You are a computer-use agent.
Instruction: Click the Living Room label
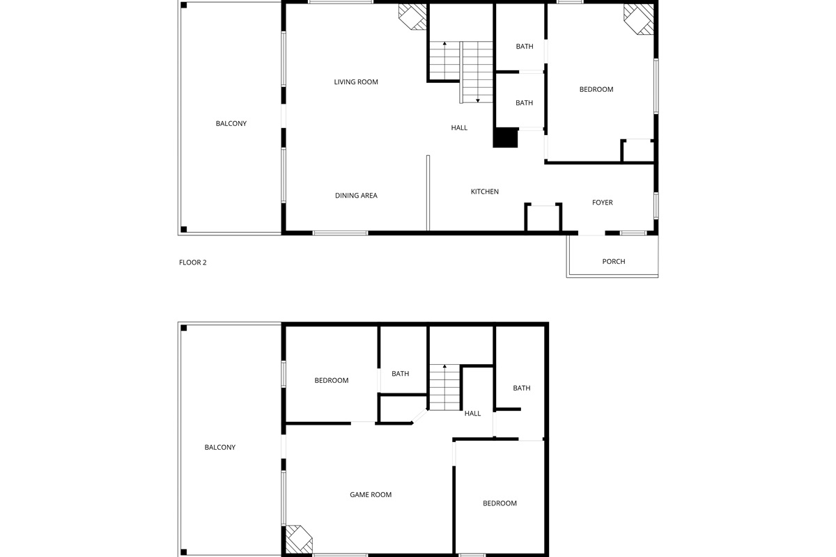coord(356,82)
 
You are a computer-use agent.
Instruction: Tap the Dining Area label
coord(356,196)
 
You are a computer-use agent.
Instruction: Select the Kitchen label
coord(485,192)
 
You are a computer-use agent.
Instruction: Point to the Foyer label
coord(603,203)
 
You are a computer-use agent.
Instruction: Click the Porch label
coord(614,262)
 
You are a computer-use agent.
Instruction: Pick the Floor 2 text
coord(193,262)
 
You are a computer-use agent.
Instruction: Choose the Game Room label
coord(371,495)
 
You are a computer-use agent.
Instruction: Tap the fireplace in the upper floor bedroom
coord(639,19)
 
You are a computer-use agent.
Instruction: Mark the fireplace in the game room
coord(298,540)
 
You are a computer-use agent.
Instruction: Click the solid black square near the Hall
coord(506,138)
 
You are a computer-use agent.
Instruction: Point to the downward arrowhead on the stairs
coord(478,100)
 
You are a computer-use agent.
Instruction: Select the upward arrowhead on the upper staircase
coord(444,45)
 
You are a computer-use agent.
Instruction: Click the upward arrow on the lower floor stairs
coord(444,366)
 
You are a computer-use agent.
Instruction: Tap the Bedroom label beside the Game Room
coord(500,503)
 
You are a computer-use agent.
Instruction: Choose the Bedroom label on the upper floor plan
coord(597,89)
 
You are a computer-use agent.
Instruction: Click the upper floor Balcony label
coord(231,124)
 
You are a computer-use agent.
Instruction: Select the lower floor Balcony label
coord(220,448)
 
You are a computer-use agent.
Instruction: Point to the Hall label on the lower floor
coord(473,414)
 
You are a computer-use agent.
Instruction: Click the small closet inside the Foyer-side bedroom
coord(637,151)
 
